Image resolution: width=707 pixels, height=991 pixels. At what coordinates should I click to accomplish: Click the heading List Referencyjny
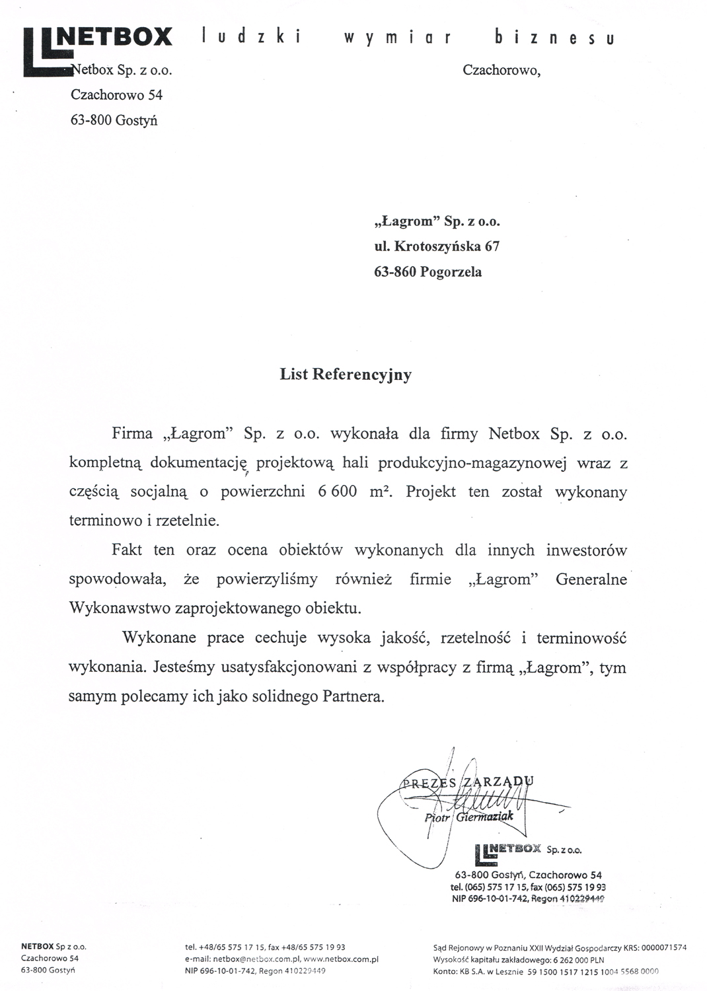[345, 375]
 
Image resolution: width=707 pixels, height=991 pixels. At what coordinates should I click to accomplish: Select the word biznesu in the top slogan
[554, 38]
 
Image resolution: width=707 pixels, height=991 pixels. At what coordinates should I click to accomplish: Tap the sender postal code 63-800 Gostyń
[114, 120]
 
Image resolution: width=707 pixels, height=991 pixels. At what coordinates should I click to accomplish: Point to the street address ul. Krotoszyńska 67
[437, 246]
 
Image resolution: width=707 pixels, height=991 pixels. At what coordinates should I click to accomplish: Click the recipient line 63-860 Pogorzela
[428, 272]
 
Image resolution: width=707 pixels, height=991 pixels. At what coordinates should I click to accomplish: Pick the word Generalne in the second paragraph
[591, 579]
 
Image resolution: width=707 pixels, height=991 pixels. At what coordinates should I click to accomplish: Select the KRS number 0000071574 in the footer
[660, 947]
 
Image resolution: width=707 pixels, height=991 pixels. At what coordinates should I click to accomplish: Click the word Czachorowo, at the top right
[502, 70]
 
